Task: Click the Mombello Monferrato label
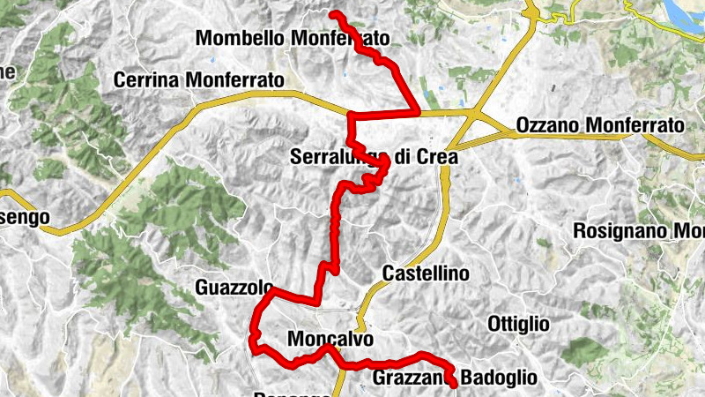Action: coord(292,39)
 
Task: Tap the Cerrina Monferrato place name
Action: coord(199,80)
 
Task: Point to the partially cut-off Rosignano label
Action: coord(638,232)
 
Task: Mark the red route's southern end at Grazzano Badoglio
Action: coord(454,385)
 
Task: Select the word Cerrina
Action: coord(145,80)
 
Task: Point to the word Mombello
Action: coord(238,39)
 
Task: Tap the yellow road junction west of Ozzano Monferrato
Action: coord(477,115)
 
